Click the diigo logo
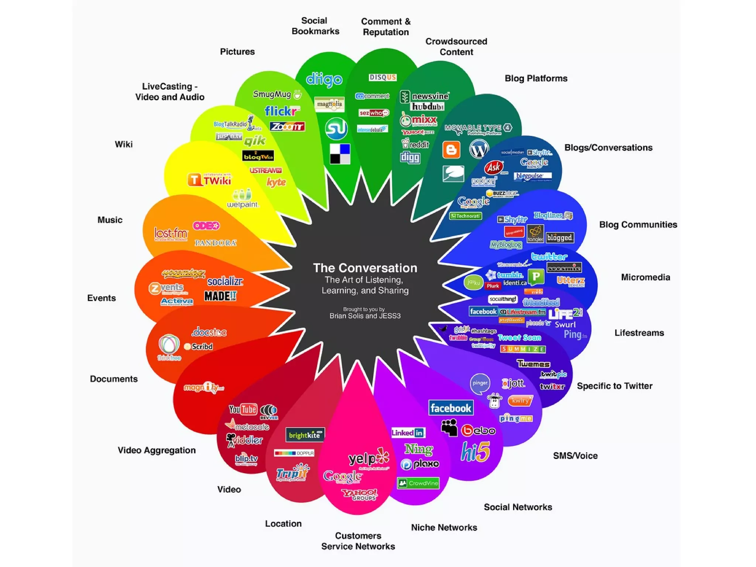pos(324,79)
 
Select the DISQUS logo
pos(383,77)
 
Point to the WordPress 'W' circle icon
pos(479,150)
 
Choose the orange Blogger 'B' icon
pos(451,150)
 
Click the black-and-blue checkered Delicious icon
pos(340,154)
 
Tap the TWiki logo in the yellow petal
pos(209,180)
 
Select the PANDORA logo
pos(216,243)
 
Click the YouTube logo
pos(243,409)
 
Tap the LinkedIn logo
pos(408,433)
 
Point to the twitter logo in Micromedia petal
pos(549,257)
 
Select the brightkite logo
pos(305,435)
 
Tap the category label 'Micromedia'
pos(645,277)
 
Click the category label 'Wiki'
pos(124,144)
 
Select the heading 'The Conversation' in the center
pos(365,268)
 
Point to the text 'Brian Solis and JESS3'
pos(365,316)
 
